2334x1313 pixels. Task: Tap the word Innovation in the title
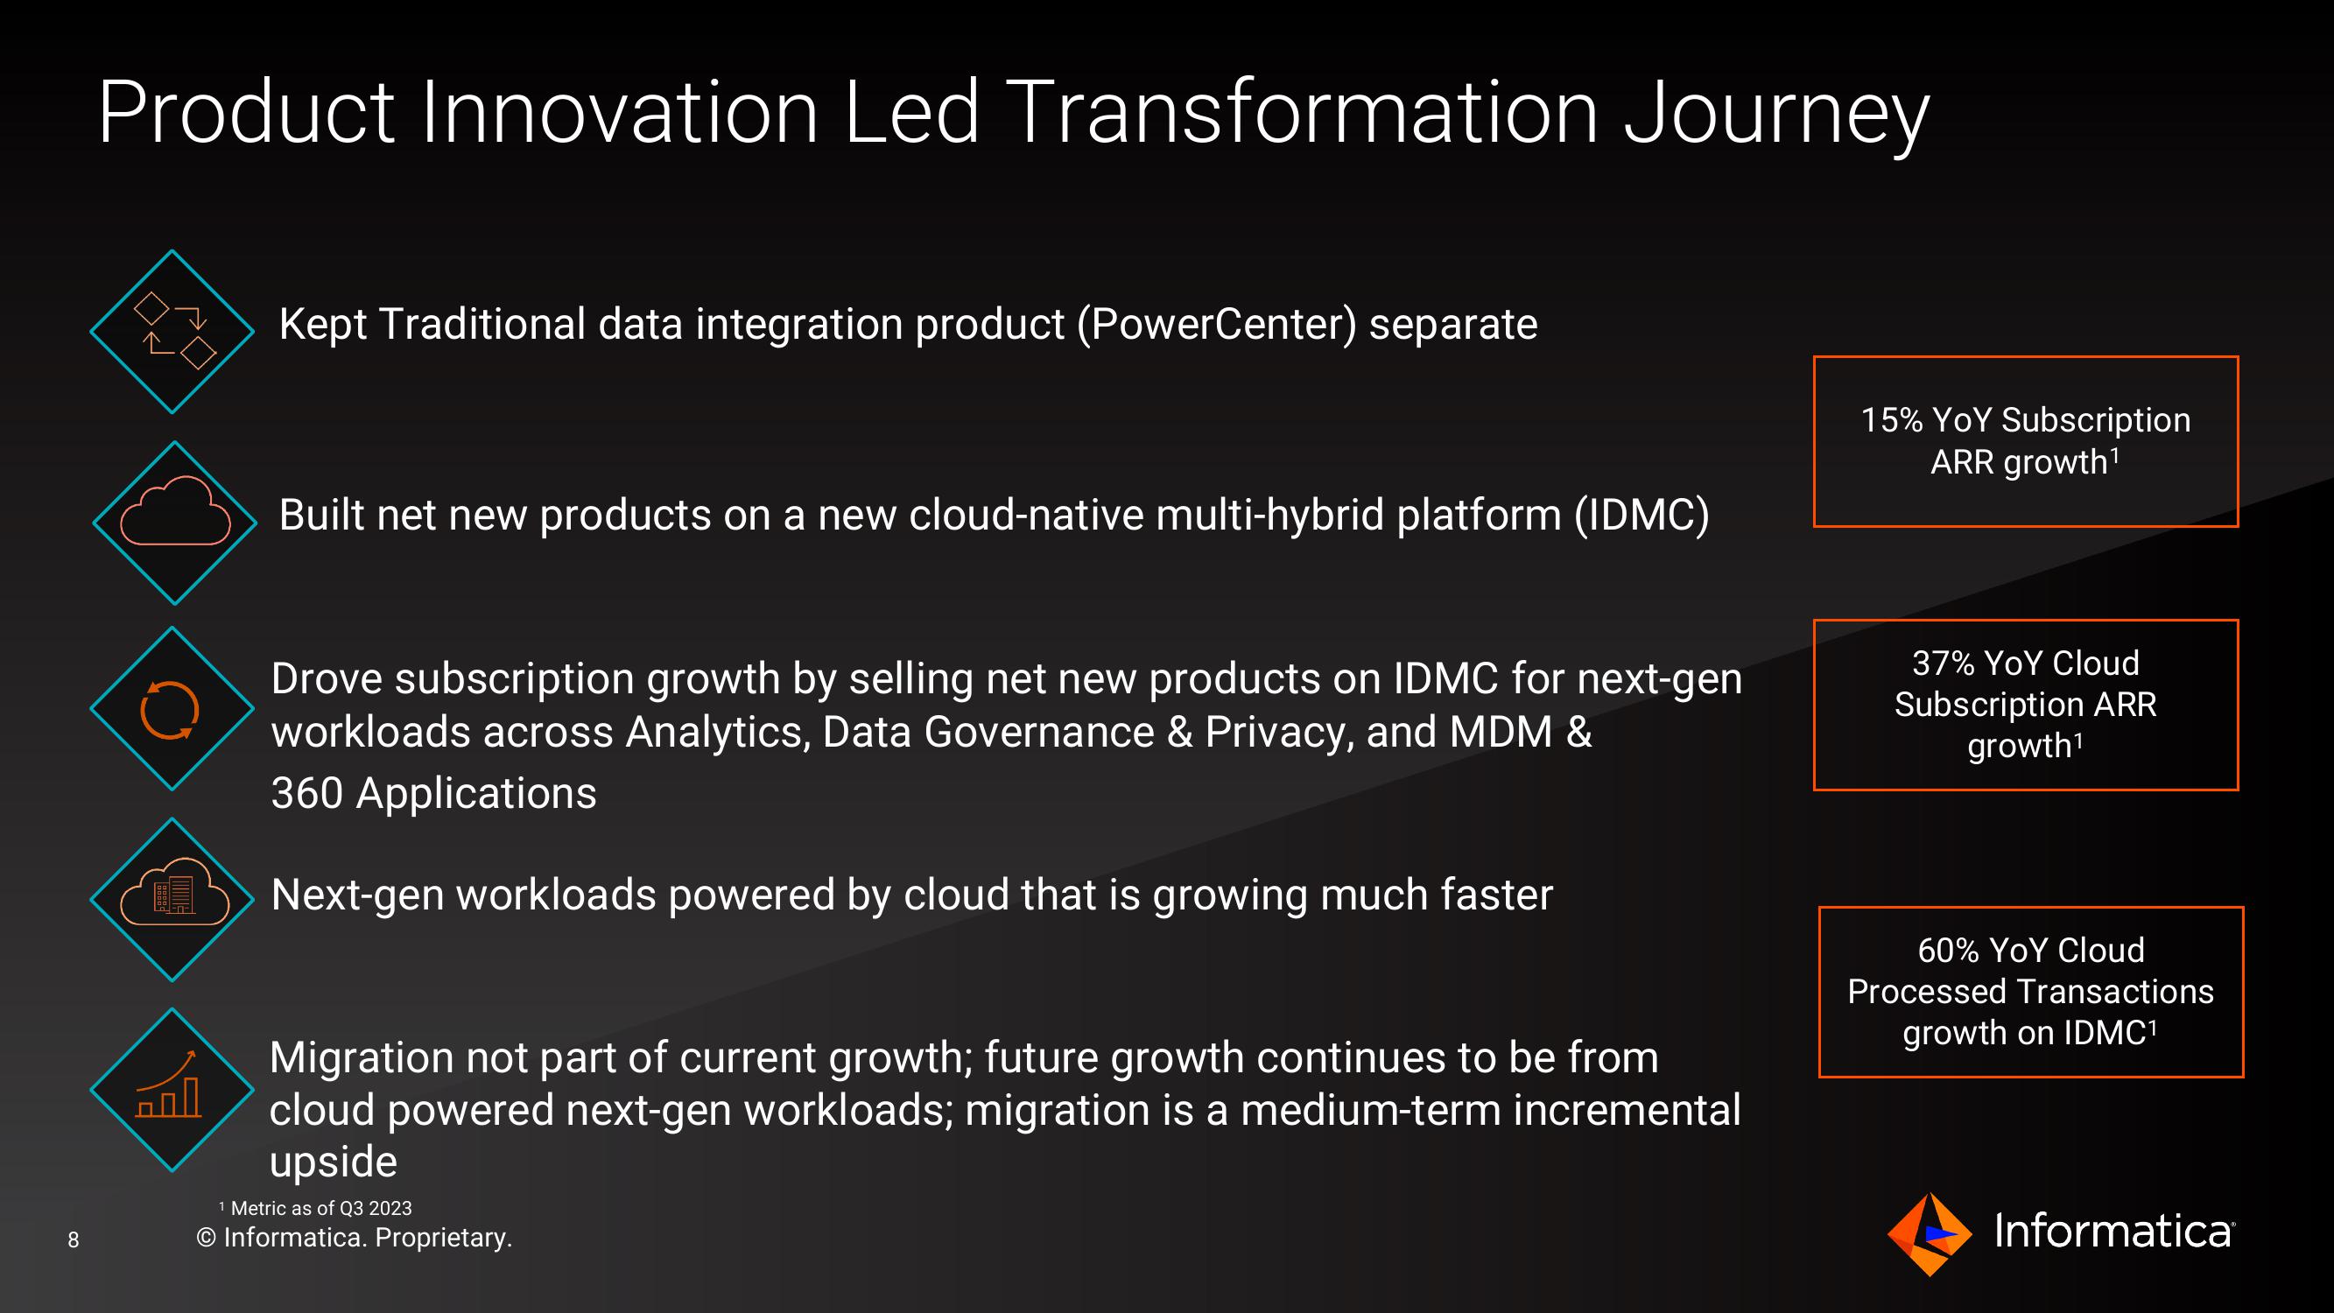pyautogui.click(x=620, y=112)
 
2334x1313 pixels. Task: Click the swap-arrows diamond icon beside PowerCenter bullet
pyautogui.click(x=172, y=332)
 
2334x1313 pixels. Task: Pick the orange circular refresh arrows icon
pyautogui.click(x=170, y=710)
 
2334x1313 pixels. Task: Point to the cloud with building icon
pyautogui.click(x=174, y=892)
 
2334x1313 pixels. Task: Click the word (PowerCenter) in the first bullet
pyautogui.click(x=1217, y=325)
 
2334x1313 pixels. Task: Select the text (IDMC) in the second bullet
pyautogui.click(x=1641, y=515)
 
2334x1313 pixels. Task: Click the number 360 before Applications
pyautogui.click(x=307, y=793)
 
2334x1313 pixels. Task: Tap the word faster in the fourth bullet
pyautogui.click(x=1497, y=895)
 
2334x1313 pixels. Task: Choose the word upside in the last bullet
pyautogui.click(x=334, y=1162)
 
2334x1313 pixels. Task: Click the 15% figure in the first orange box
pyautogui.click(x=1892, y=420)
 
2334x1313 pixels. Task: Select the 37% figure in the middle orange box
pyautogui.click(x=1944, y=664)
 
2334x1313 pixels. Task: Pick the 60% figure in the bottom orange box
pyautogui.click(x=1949, y=951)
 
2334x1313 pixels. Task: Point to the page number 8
pyautogui.click(x=74, y=1239)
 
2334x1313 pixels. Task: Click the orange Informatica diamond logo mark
pyautogui.click(x=1929, y=1234)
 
